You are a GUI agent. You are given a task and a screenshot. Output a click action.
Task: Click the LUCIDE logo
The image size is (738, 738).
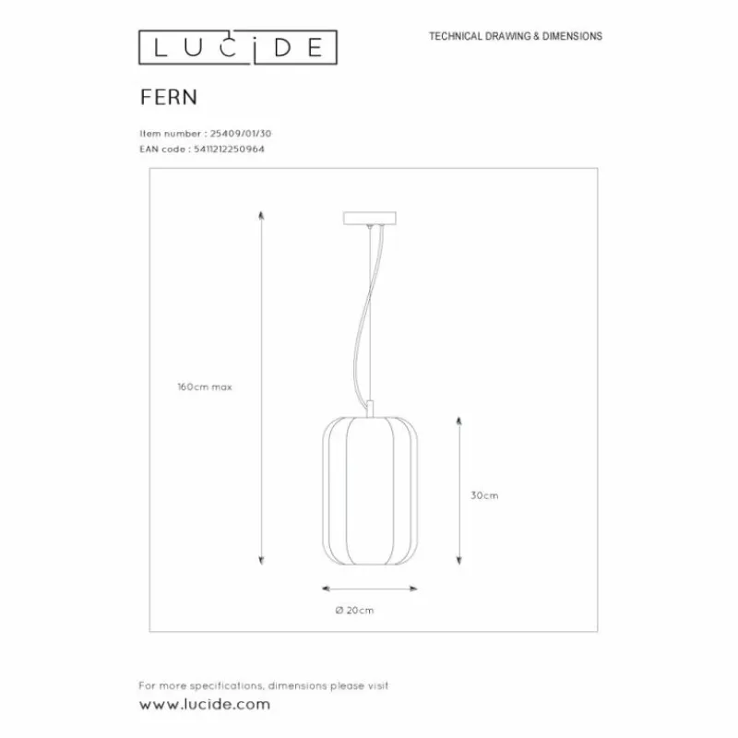tap(238, 47)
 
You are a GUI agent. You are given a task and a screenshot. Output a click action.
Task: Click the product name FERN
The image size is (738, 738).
tap(169, 98)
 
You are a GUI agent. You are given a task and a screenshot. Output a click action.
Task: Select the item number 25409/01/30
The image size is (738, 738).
tap(241, 134)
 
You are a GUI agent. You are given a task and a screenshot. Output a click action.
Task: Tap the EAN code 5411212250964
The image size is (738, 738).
tap(229, 149)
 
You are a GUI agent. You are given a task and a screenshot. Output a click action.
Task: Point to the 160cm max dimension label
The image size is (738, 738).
tap(205, 387)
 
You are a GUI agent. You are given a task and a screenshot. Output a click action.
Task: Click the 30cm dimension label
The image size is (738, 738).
tap(484, 495)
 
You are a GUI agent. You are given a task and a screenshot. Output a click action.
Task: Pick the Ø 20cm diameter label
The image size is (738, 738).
tap(354, 611)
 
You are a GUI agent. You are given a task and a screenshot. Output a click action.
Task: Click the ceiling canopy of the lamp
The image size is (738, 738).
tap(370, 218)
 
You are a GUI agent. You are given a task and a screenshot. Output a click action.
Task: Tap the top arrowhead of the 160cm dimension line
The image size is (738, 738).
tap(261, 215)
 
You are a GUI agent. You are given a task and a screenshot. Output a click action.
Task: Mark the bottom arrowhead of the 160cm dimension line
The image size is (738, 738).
tap(261, 560)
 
